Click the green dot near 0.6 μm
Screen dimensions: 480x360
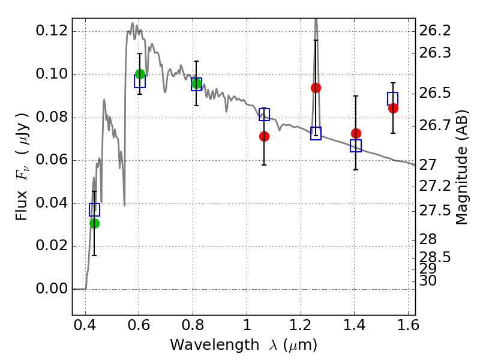(140, 74)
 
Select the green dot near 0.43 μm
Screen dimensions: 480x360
(95, 223)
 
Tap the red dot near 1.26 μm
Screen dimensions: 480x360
(316, 88)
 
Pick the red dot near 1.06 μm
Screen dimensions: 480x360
(264, 136)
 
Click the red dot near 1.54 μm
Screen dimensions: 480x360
(393, 108)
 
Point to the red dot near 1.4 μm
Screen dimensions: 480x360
(356, 133)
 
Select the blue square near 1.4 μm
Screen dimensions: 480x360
(356, 146)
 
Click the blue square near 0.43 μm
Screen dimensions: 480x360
(94, 209)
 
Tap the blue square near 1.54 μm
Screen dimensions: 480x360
(393, 98)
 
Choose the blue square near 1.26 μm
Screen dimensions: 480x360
(316, 133)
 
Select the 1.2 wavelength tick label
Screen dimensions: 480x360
(301, 325)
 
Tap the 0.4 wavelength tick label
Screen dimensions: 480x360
(85, 325)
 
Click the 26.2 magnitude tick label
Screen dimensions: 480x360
(435, 31)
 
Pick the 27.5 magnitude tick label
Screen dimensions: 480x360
(435, 211)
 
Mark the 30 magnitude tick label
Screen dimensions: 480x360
(428, 280)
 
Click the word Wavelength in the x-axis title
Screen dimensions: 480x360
(215, 345)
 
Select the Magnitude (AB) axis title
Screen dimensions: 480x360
(462, 167)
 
